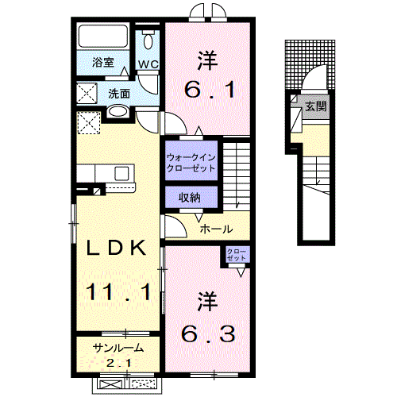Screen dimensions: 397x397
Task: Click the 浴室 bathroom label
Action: pyautogui.click(x=102, y=61)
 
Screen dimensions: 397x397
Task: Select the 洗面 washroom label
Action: pyautogui.click(x=120, y=93)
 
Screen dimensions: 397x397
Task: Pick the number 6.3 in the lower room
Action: pyautogui.click(x=208, y=334)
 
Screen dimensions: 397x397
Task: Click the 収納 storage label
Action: pyautogui.click(x=189, y=197)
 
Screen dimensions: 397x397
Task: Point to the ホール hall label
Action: pyautogui.click(x=215, y=229)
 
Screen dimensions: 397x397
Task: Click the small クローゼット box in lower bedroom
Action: pyautogui.click(x=237, y=256)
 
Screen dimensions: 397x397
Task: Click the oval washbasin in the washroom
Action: pyautogui.click(x=116, y=113)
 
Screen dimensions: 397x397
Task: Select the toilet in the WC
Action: pyautogui.click(x=148, y=41)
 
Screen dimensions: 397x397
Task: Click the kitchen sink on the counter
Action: pyautogui.click(x=122, y=172)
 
